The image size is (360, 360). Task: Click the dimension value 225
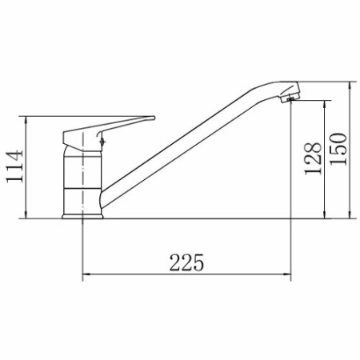[186, 261]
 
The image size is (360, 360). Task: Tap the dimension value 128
[315, 158]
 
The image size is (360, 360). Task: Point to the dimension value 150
[338, 149]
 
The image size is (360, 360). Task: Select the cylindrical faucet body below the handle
[82, 180]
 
